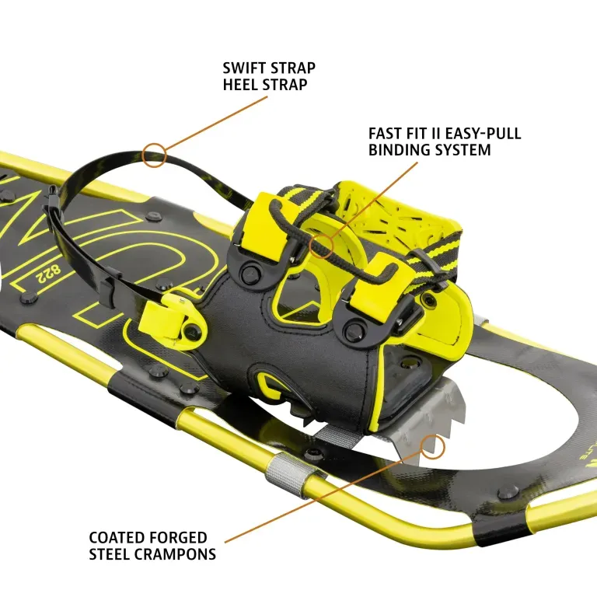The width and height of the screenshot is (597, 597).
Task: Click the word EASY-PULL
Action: pos(483,134)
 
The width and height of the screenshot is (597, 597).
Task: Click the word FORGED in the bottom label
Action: pos(177,538)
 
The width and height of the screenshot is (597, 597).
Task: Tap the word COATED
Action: pos(117,538)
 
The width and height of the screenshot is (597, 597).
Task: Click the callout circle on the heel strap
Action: pos(154,155)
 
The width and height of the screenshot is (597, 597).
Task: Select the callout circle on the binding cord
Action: pos(321,246)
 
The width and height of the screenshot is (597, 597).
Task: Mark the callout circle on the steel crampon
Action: pos(432,447)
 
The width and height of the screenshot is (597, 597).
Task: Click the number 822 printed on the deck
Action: pos(48,274)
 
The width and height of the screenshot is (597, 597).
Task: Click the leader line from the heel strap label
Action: pos(216,124)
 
